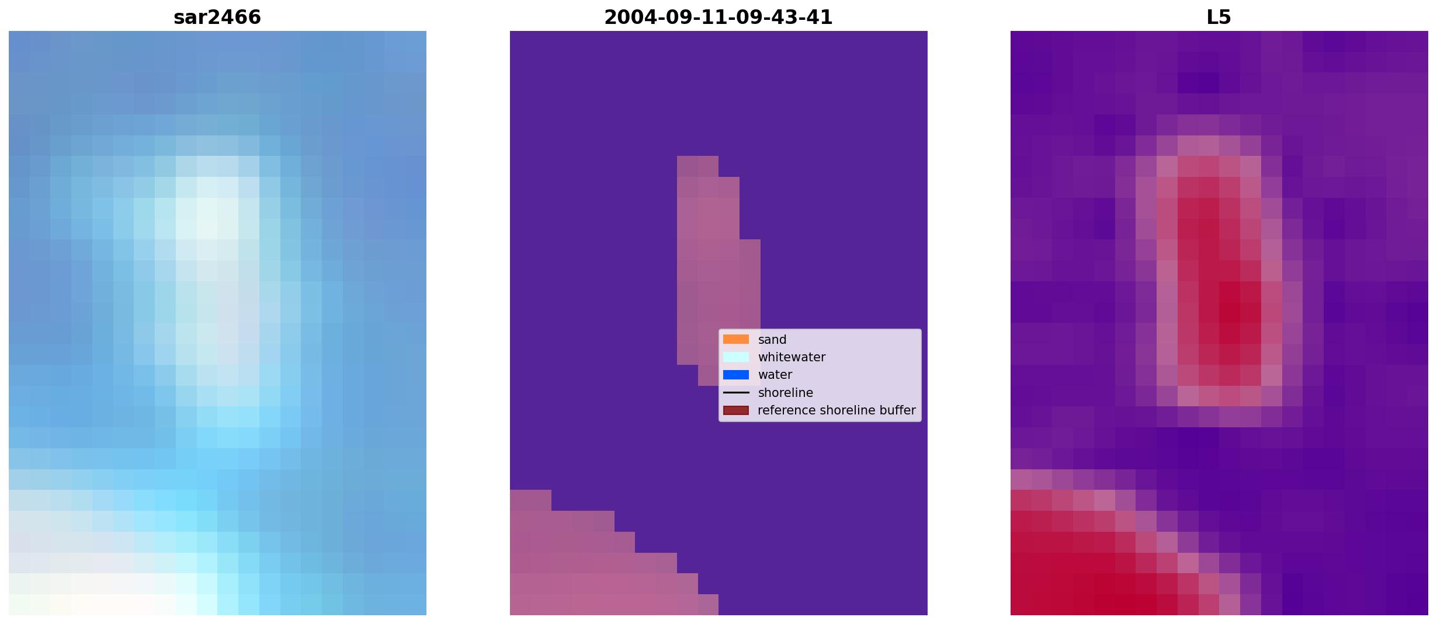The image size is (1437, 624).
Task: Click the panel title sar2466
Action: click(x=217, y=17)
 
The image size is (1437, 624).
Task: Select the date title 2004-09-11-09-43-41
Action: click(x=718, y=17)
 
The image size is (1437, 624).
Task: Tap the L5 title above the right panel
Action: click(x=1219, y=17)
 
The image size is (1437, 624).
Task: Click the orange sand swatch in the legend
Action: click(x=736, y=339)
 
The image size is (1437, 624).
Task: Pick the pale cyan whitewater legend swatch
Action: click(x=736, y=357)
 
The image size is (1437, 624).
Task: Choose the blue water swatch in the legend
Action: click(x=736, y=375)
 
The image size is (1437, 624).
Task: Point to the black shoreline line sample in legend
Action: click(x=736, y=392)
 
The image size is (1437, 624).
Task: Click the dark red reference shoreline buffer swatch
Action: click(x=736, y=410)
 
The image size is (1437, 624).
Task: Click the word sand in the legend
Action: click(x=772, y=340)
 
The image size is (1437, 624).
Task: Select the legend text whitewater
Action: click(x=792, y=357)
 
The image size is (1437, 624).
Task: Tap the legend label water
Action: click(x=775, y=375)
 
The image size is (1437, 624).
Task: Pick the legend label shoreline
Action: click(x=786, y=393)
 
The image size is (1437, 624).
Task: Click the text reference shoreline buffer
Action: click(x=836, y=410)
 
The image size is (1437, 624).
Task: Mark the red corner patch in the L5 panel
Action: click(x=1081, y=560)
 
